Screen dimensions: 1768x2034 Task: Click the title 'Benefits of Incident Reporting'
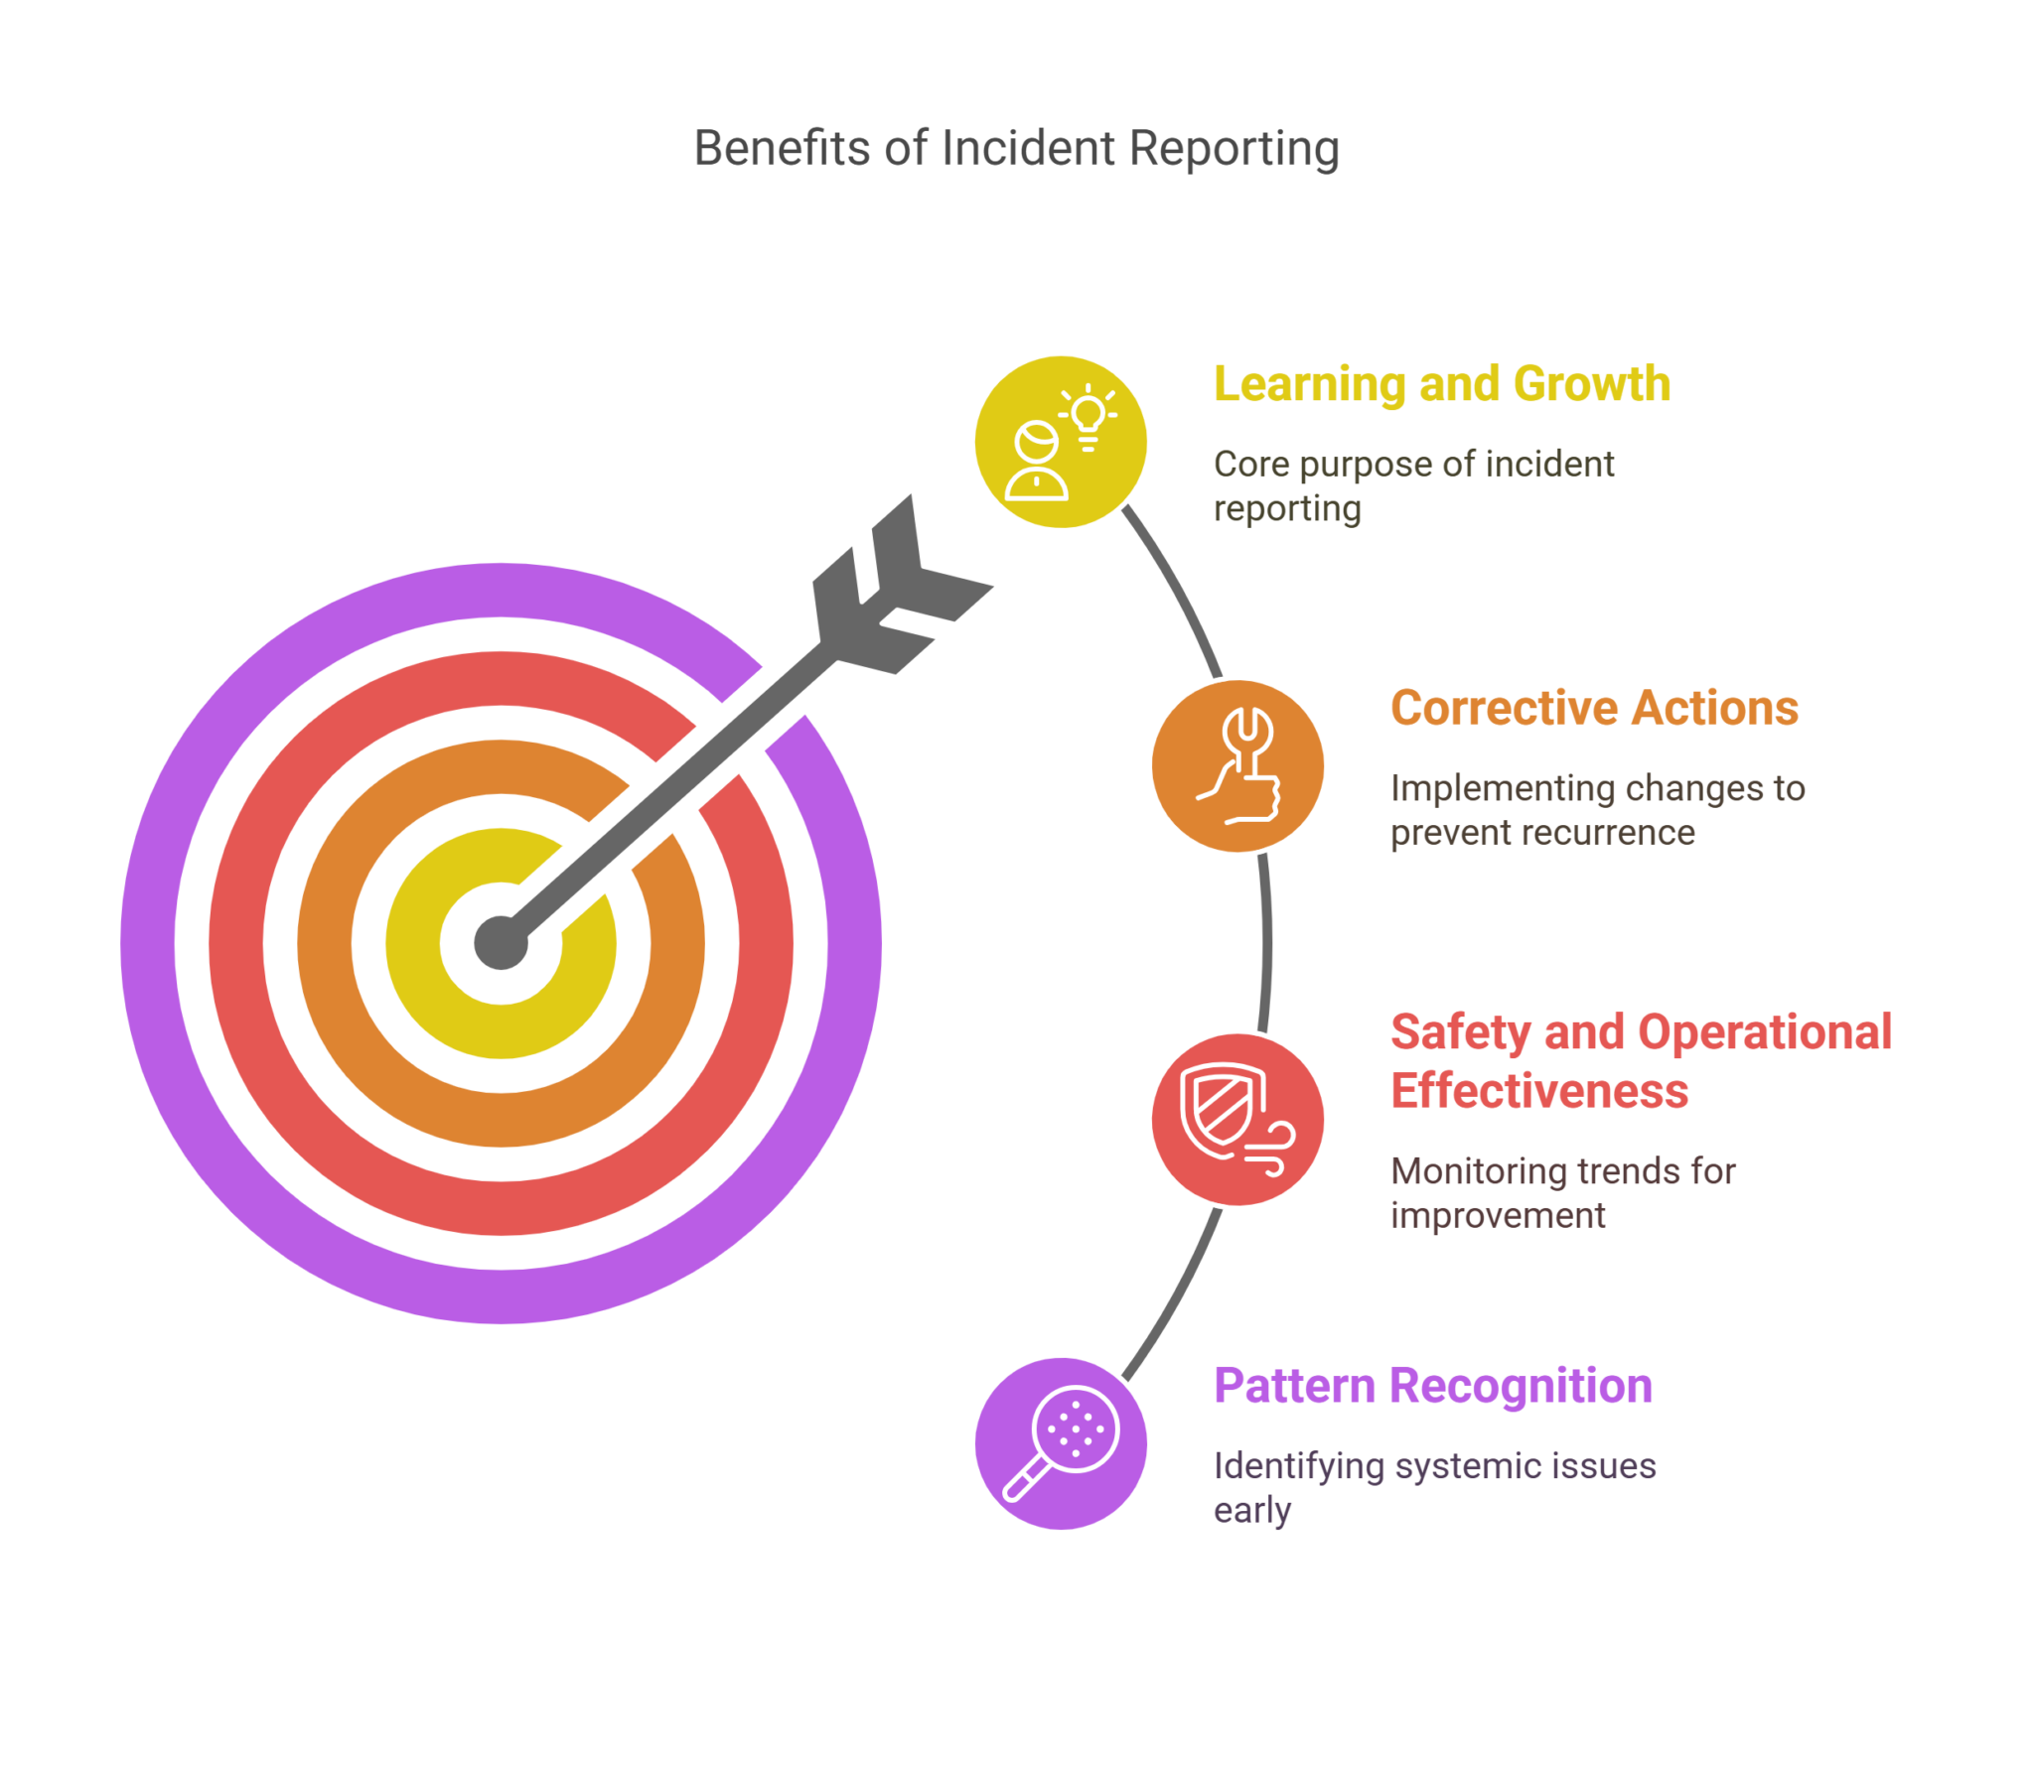coord(1016,149)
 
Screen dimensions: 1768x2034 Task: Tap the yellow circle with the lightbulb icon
coord(1060,442)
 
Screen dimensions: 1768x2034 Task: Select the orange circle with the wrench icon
coord(1237,766)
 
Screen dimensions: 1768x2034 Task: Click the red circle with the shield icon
coord(1237,1120)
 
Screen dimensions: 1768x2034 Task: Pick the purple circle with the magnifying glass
coord(1060,1443)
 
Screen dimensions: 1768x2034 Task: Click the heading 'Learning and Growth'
coord(1441,384)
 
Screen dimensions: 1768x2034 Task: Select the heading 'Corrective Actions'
coord(1593,708)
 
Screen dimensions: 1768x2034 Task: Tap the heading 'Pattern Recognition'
coord(1432,1386)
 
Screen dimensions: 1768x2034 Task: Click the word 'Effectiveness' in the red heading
coord(1538,1091)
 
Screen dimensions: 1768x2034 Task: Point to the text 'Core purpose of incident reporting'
coord(1412,485)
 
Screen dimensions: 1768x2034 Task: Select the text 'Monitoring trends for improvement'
coord(1561,1192)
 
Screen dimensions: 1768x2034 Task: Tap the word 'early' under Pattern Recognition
coord(1251,1511)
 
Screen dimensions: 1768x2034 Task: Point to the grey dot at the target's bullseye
coord(501,943)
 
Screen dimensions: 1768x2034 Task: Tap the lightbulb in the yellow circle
coord(1089,414)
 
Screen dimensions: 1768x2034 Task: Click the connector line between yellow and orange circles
coord(1178,592)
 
